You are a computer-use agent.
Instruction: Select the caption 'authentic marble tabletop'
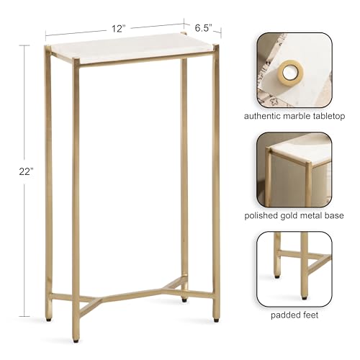(x=294, y=115)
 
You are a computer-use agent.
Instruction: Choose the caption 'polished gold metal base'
(x=294, y=215)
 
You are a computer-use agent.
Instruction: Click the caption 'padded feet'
(x=294, y=314)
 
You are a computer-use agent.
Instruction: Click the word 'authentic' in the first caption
(x=262, y=115)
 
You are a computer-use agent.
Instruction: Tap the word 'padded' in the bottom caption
(x=284, y=314)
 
